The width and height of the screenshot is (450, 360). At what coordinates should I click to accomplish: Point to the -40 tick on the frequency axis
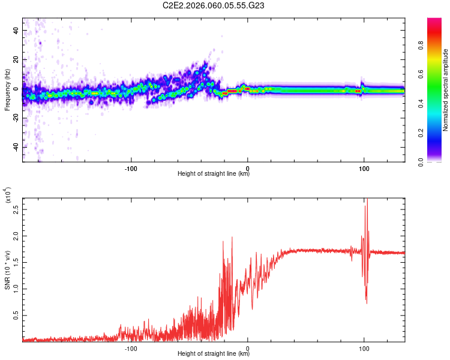[x=16, y=147]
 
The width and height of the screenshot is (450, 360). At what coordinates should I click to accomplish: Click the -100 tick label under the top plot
[x=131, y=167]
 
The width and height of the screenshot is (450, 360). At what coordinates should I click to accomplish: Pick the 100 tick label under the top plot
[x=364, y=167]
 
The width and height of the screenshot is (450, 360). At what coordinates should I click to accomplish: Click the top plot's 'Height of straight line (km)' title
[x=214, y=174]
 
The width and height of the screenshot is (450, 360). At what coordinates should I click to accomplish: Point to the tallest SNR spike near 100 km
[x=366, y=201]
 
